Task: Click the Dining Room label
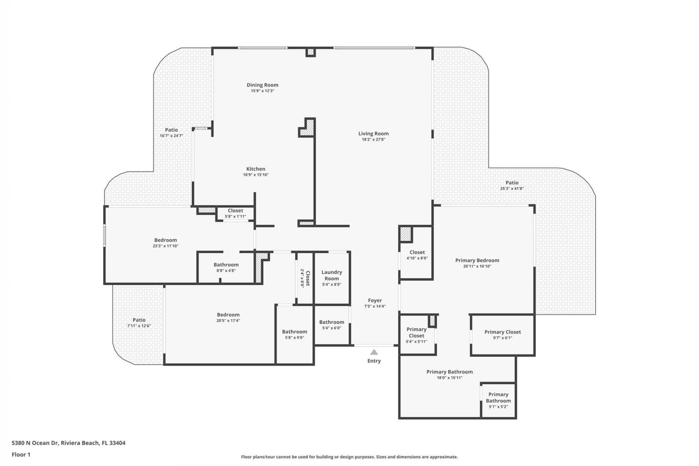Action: click(262, 85)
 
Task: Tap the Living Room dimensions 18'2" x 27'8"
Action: click(373, 139)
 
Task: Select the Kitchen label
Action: click(256, 169)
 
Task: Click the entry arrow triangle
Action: click(374, 352)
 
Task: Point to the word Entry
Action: click(374, 361)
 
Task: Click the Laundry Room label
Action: click(331, 275)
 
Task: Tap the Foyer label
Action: click(375, 300)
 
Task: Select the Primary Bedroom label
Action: click(477, 260)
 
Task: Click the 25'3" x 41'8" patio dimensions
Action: click(512, 189)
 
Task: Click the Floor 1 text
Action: click(21, 454)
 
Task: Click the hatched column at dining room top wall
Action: click(310, 52)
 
